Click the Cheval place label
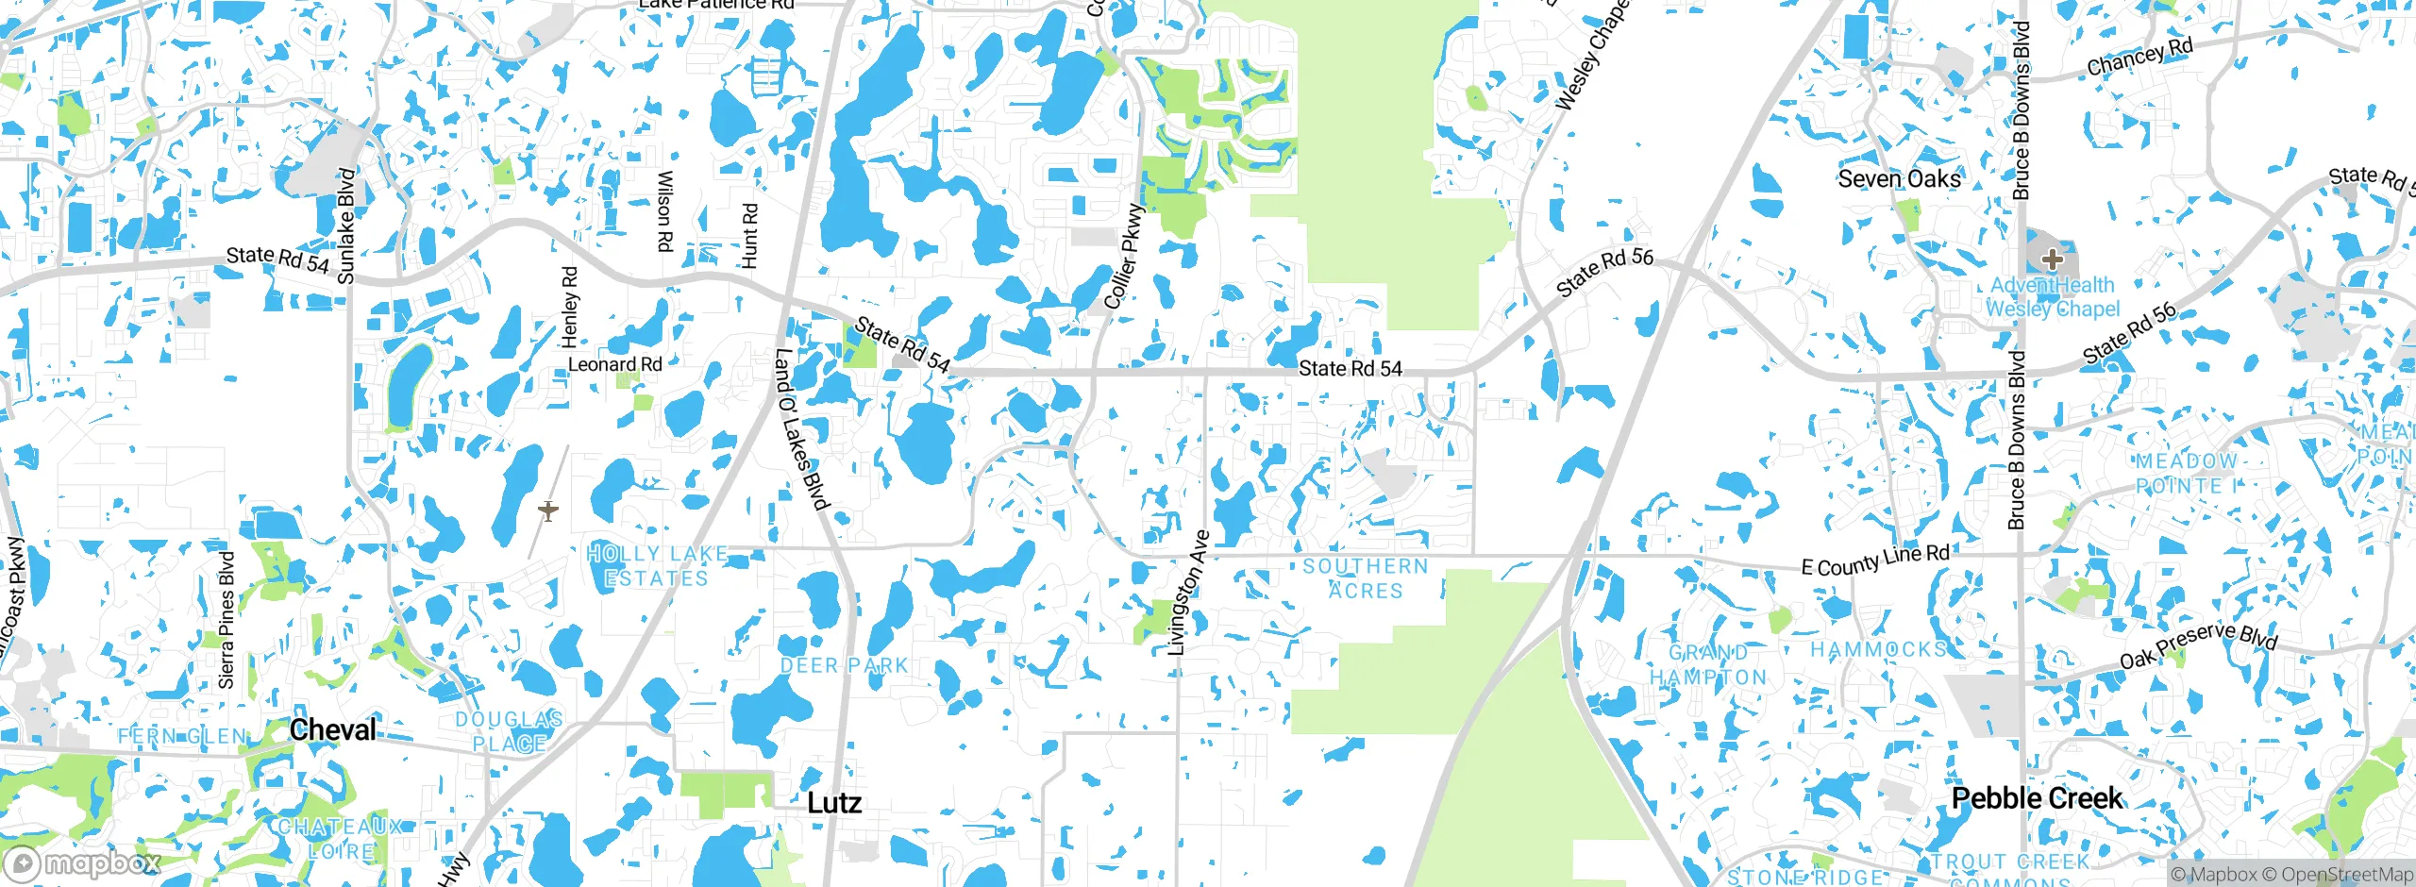[x=332, y=729]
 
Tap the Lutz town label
[x=834, y=803]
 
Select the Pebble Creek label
[x=2037, y=798]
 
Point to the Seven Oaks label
[x=1899, y=178]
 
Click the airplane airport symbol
[x=548, y=510]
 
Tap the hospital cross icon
[x=2052, y=259]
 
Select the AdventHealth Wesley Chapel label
[x=2053, y=296]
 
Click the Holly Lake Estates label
[x=657, y=565]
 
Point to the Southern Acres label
[x=1366, y=578]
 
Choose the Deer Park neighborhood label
[x=844, y=665]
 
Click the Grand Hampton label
[x=1708, y=664]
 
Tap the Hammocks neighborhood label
[x=1878, y=649]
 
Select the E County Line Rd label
[x=1875, y=560]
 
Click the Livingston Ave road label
[x=1188, y=593]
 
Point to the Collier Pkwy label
[x=1124, y=257]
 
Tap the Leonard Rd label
[x=614, y=364]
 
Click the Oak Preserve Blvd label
[x=2198, y=645]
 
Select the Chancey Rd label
[x=2139, y=58]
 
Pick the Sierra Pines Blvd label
[x=226, y=619]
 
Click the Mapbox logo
[x=83, y=862]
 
